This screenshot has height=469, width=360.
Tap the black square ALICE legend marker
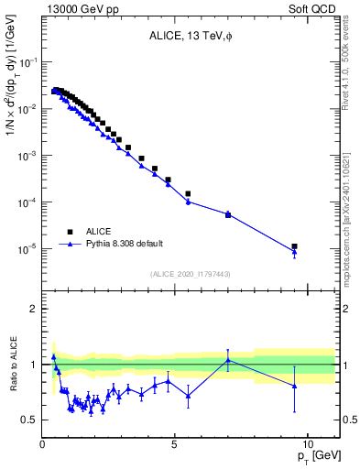pyautogui.click(x=70, y=232)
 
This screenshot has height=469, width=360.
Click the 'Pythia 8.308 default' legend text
pyautogui.click(x=124, y=245)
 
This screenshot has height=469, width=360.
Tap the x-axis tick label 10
pyautogui.click(x=307, y=442)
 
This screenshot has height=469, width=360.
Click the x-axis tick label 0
pyautogui.click(x=43, y=442)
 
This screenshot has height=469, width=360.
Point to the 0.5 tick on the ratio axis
pyautogui.click(x=29, y=420)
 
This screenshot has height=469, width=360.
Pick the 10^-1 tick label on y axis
pyautogui.click(x=27, y=62)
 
